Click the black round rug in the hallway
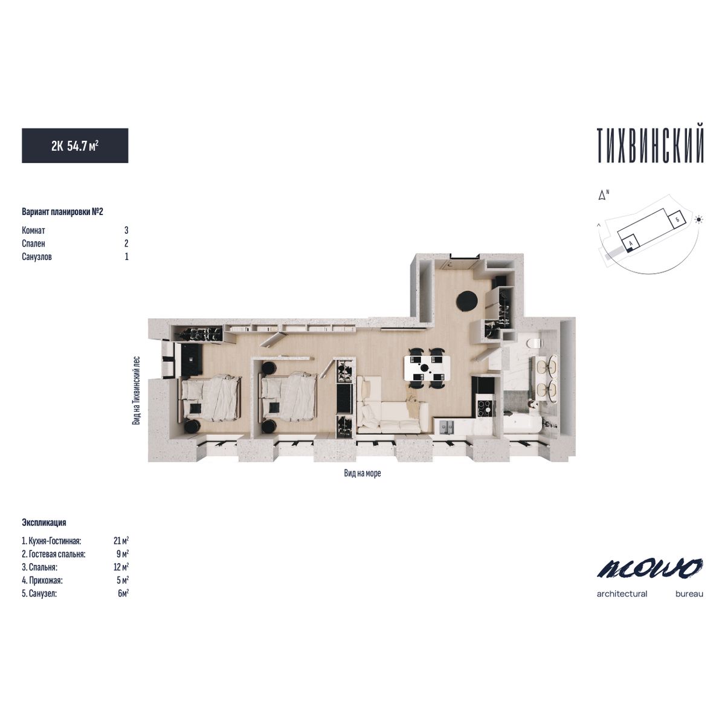(467, 301)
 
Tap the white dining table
(427, 367)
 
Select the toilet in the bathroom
(535, 343)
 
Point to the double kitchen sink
(446, 427)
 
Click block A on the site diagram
(631, 241)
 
